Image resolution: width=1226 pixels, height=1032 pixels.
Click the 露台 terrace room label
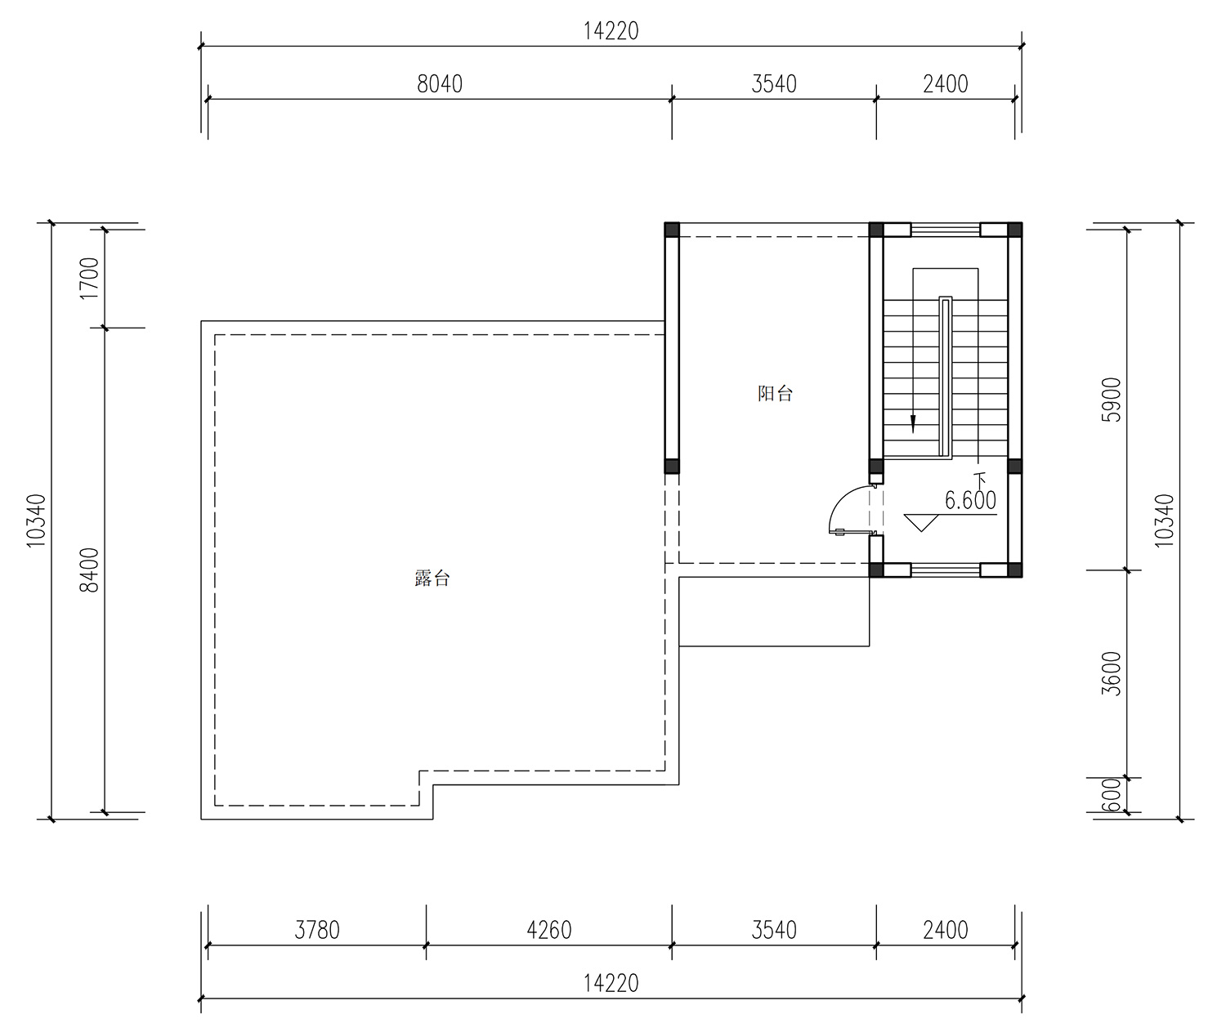point(432,579)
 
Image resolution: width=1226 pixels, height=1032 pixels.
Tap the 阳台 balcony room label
point(775,393)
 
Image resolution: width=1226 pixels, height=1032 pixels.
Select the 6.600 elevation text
point(970,500)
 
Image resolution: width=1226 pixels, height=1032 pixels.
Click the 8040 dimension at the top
point(440,84)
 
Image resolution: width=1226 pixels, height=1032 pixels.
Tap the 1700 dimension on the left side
point(89,279)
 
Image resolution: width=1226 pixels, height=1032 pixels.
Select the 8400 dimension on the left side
point(89,570)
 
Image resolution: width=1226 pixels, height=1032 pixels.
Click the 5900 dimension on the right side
point(1111,400)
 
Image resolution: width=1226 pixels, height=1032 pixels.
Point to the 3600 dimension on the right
point(1111,674)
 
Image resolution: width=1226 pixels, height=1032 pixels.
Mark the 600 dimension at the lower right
point(1111,795)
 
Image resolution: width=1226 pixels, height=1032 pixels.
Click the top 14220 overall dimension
point(611,31)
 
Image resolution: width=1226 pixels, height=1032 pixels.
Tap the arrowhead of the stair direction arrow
point(913,424)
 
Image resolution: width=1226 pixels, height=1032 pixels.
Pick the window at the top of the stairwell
point(946,230)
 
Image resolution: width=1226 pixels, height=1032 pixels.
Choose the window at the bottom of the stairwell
point(946,570)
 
